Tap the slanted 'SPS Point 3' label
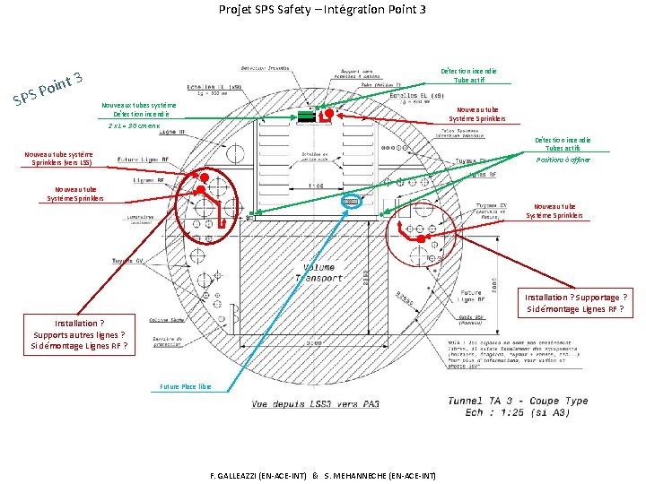pyautogui.click(x=48, y=87)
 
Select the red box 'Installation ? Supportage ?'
pyautogui.click(x=575, y=297)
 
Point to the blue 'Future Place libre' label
pyautogui.click(x=186, y=386)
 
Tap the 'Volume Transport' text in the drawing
pyautogui.click(x=319, y=272)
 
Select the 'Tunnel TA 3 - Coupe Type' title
pyautogui.click(x=519, y=400)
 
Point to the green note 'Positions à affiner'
pyautogui.click(x=563, y=160)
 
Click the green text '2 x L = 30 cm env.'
pyautogui.click(x=135, y=125)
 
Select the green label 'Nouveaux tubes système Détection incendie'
pyautogui.click(x=144, y=109)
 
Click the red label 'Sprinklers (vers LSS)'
pyautogui.click(x=59, y=163)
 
